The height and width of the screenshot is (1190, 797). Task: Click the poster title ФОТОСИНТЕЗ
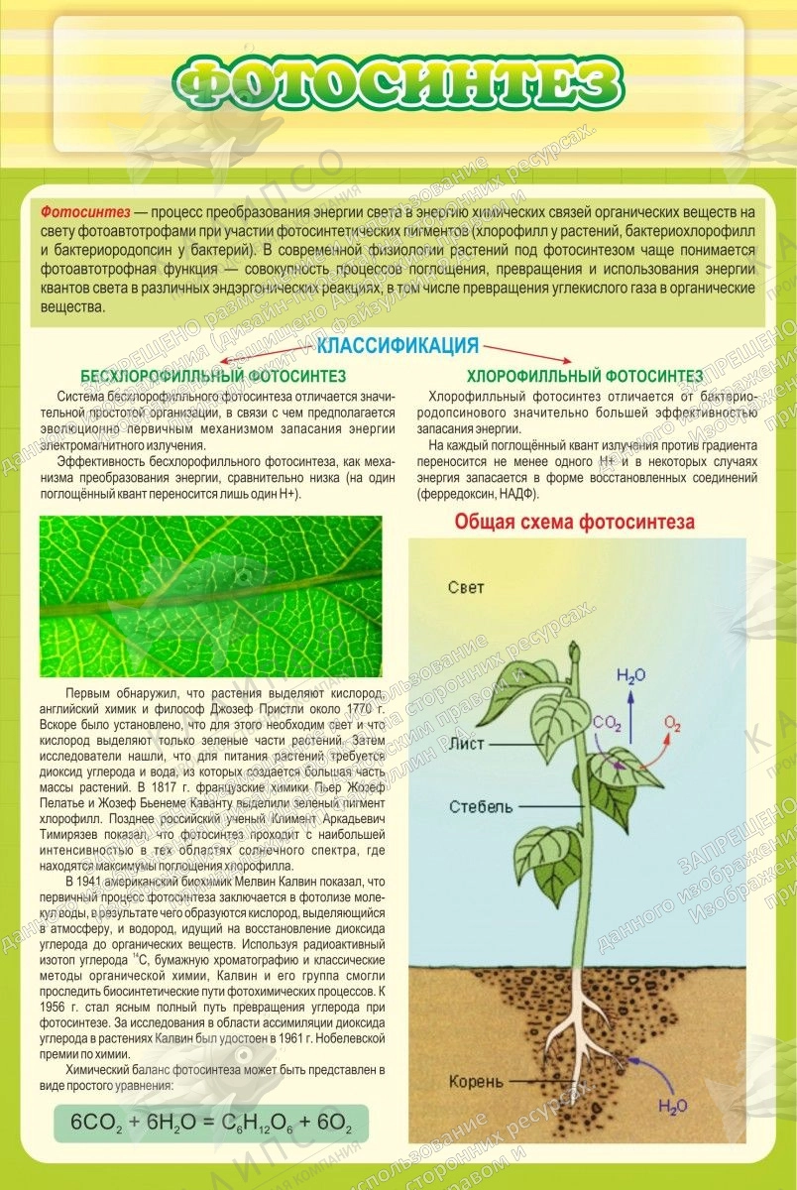pos(398,84)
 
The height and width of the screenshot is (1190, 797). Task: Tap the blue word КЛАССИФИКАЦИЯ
pos(398,346)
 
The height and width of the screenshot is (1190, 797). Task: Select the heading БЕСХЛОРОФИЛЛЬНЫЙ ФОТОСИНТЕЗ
pos(213,377)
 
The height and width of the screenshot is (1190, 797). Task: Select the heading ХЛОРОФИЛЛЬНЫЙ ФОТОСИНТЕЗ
pos(584,377)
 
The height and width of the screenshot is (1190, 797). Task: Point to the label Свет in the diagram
pos(466,587)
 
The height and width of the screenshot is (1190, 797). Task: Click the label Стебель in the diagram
pos(480,805)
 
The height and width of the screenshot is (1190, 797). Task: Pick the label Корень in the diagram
pos(476,1080)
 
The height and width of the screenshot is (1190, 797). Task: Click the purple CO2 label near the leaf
pos(607,725)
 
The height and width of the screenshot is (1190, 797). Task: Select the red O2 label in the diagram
pos(673,724)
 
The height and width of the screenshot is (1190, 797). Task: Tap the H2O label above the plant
pos(631,676)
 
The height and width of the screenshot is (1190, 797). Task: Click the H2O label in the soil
pos(673,1107)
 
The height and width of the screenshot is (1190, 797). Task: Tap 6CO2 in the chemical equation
pos(98,1124)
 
